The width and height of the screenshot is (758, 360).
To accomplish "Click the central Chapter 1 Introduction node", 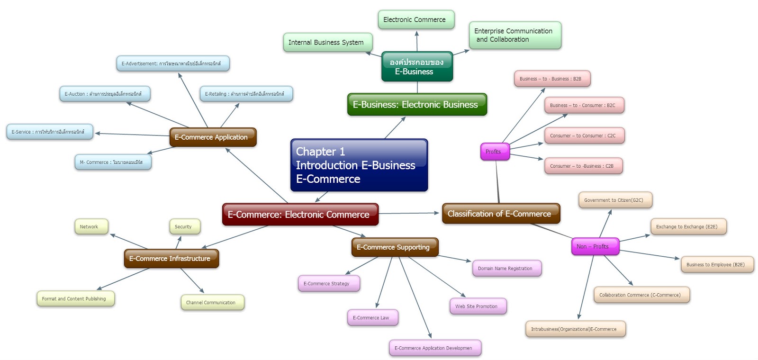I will point(359,165).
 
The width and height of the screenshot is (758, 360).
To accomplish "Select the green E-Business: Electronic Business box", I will point(417,105).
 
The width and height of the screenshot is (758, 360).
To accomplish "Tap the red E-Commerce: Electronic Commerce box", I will point(300,215).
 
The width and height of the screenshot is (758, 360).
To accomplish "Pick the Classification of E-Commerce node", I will point(501,214).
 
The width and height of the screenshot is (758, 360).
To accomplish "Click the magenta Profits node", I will point(495,152).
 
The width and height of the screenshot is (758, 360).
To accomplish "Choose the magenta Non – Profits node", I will point(595,246).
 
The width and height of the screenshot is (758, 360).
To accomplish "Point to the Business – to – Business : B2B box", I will point(552,79).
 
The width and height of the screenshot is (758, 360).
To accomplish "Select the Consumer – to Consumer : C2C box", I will point(584,135).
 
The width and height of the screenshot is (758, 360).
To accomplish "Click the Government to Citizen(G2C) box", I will point(615,200).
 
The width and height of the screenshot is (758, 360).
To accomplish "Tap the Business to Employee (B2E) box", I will point(717,264).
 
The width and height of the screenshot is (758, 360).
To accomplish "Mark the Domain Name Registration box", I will point(506,268).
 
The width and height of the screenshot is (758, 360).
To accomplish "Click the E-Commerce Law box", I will point(372,317).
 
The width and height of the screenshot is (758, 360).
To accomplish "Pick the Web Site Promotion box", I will point(478,306).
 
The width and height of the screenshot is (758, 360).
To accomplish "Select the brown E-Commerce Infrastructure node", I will point(171,259).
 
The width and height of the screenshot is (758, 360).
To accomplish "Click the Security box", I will point(184,226).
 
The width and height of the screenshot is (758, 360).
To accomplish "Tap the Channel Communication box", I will point(212,302).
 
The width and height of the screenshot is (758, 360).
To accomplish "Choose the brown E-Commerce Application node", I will point(213,137).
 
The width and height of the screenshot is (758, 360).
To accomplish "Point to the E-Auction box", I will point(104,94).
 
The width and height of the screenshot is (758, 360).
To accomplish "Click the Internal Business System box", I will point(327,43).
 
